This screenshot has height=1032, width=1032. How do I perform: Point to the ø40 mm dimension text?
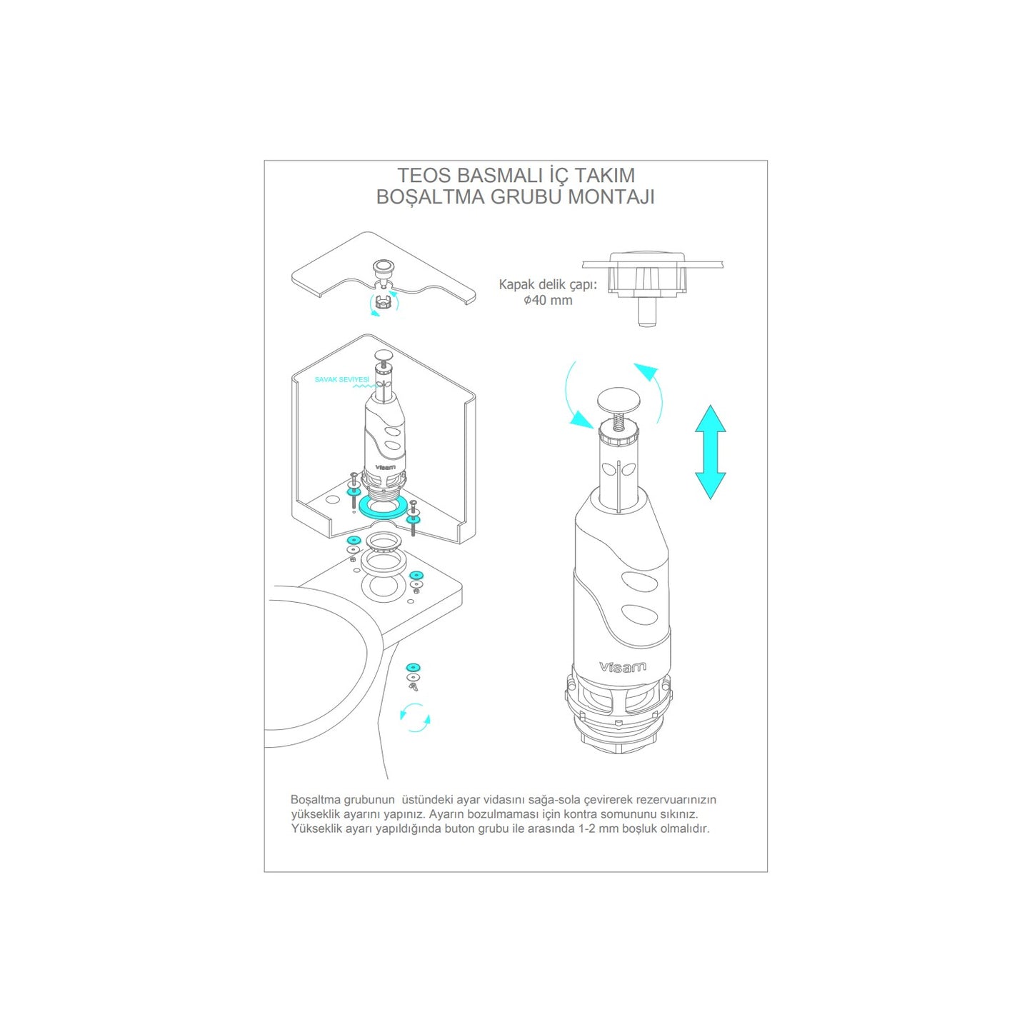(x=548, y=301)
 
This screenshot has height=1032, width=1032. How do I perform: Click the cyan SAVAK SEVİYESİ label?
(x=341, y=379)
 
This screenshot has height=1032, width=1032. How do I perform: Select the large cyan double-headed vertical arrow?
(x=710, y=452)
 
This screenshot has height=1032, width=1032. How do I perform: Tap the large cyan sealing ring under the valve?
(x=382, y=507)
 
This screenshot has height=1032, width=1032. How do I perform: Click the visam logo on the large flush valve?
(x=622, y=667)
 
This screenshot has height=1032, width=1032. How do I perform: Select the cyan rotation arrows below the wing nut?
(x=415, y=718)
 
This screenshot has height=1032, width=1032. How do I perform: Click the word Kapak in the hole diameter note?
(x=516, y=284)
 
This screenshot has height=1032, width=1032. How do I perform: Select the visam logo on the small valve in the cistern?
(x=384, y=467)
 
